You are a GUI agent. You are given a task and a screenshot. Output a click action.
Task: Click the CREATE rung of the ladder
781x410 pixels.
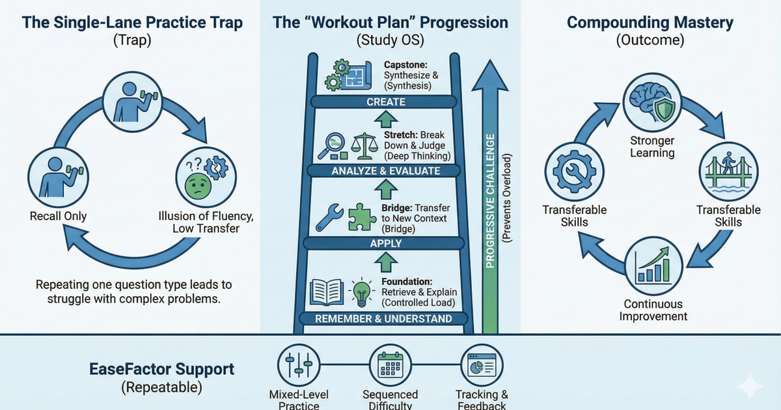[386, 102]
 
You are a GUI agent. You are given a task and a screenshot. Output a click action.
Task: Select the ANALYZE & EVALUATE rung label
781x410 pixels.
[386, 171]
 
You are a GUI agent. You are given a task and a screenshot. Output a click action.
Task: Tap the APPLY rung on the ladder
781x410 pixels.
[386, 244]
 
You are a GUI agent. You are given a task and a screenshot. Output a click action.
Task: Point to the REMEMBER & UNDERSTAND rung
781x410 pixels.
[384, 319]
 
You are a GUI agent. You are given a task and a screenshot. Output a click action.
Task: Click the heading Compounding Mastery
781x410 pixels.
[650, 23]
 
